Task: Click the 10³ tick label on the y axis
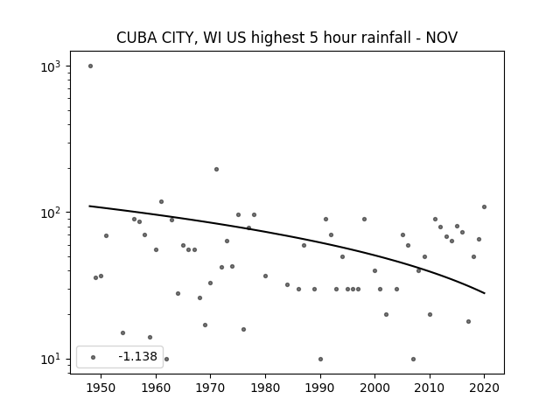click(x=51, y=66)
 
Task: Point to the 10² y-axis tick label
click(x=51, y=213)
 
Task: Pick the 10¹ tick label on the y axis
click(x=51, y=360)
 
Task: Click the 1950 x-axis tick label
click(x=101, y=388)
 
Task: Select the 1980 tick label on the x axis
click(x=265, y=388)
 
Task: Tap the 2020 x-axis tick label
click(x=484, y=388)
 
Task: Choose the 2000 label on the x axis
click(x=374, y=388)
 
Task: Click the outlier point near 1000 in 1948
click(x=90, y=66)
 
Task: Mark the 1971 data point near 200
click(x=216, y=169)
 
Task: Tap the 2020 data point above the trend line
click(x=484, y=206)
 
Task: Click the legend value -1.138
click(x=137, y=356)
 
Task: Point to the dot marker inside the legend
click(x=94, y=357)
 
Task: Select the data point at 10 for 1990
click(x=320, y=359)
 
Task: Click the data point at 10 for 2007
click(x=413, y=359)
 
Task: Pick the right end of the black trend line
click(x=485, y=293)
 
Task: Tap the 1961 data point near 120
click(x=161, y=202)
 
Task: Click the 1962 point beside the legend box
click(x=166, y=359)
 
